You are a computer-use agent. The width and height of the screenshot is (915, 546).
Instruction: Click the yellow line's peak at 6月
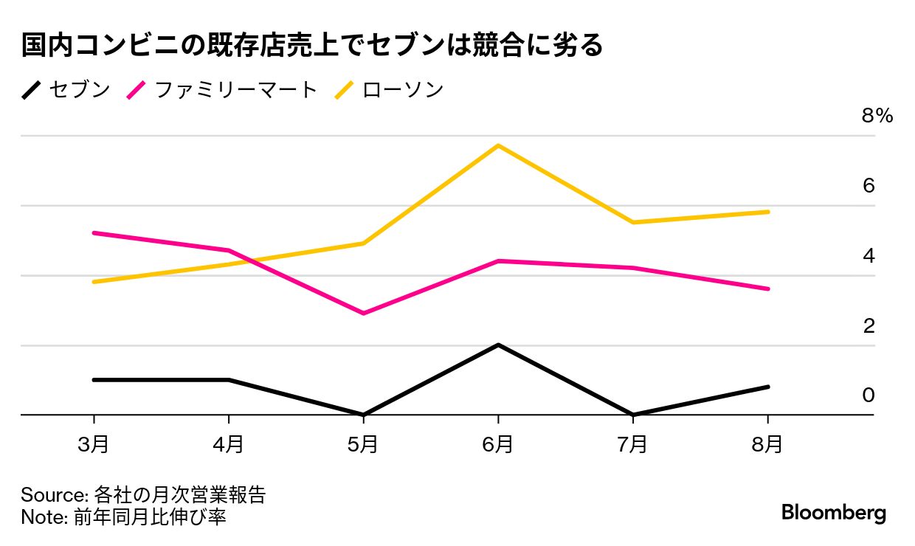tap(498, 145)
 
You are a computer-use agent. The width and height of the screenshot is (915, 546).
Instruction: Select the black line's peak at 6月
tap(498, 345)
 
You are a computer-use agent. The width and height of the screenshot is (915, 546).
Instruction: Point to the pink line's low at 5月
tap(363, 314)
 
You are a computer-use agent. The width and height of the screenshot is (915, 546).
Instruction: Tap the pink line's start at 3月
tap(94, 232)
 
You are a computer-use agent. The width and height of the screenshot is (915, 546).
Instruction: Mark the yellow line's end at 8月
tap(768, 212)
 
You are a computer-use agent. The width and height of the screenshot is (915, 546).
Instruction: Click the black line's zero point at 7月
tap(633, 415)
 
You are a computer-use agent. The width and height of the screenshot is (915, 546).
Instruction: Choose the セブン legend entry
tap(78, 90)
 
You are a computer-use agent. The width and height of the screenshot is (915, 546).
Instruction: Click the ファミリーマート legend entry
tap(235, 90)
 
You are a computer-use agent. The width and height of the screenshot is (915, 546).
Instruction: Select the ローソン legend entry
tap(403, 90)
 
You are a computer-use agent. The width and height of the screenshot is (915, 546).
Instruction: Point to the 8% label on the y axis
tap(877, 116)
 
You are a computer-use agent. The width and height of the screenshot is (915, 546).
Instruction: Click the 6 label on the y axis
tap(869, 185)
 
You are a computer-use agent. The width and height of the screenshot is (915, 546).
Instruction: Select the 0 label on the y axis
tap(869, 395)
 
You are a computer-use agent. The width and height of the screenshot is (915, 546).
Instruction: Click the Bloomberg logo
tap(834, 513)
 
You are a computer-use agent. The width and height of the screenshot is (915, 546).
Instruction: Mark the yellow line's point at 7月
tap(633, 222)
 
